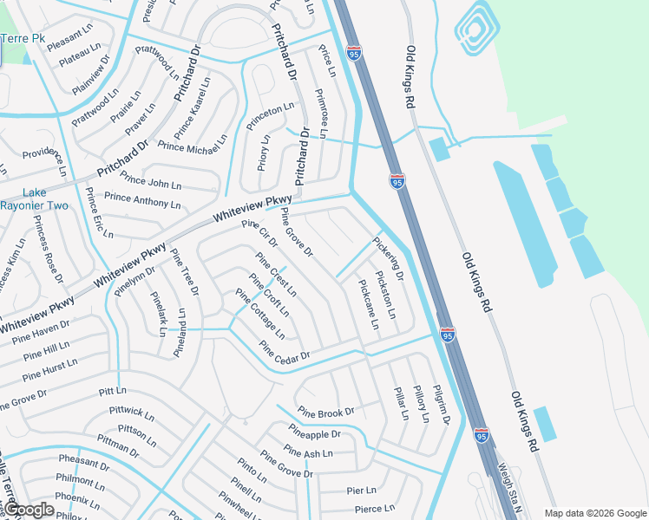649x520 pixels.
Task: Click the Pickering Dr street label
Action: tap(388, 258)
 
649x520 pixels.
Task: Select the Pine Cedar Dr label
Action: tap(285, 354)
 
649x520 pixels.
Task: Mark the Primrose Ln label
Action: tap(320, 113)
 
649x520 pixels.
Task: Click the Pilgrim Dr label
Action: tap(442, 404)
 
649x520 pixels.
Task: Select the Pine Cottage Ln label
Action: tap(260, 314)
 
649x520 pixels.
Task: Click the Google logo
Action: tap(29, 510)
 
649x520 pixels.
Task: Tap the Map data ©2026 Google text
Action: tap(594, 513)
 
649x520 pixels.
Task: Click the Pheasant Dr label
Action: tap(83, 462)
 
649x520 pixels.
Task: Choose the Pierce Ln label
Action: tap(374, 509)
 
